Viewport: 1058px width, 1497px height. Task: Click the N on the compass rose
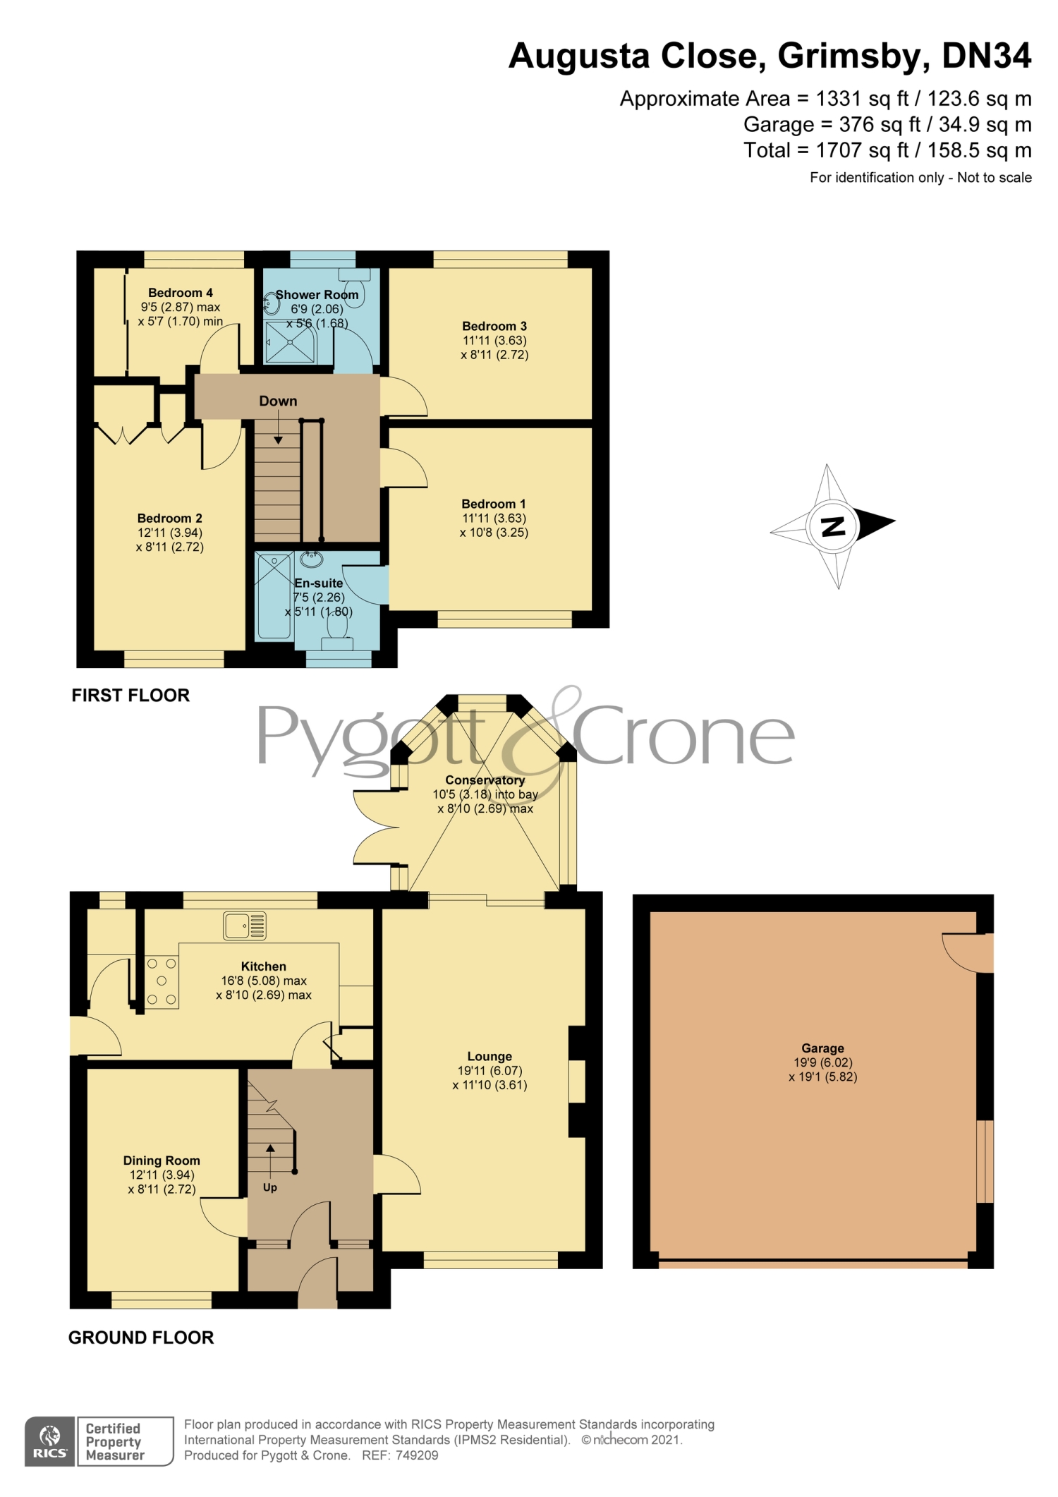pyautogui.click(x=834, y=526)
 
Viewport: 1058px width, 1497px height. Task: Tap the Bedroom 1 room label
pyautogui.click(x=494, y=504)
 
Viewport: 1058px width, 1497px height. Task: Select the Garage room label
pyautogui.click(x=822, y=1048)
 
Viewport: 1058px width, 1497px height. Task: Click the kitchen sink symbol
pyautogui.click(x=245, y=926)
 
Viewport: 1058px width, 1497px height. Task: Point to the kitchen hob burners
pyautogui.click(x=162, y=981)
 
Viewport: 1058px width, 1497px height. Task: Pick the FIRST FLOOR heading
pyautogui.click(x=130, y=696)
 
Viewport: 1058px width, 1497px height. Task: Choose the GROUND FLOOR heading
pyautogui.click(x=141, y=1338)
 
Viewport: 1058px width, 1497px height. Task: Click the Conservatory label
pyautogui.click(x=485, y=780)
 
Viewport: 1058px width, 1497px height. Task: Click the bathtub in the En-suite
pyautogui.click(x=274, y=596)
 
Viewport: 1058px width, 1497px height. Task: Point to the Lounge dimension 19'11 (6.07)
pyautogui.click(x=490, y=1071)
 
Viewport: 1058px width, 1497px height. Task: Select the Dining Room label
pyautogui.click(x=162, y=1160)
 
